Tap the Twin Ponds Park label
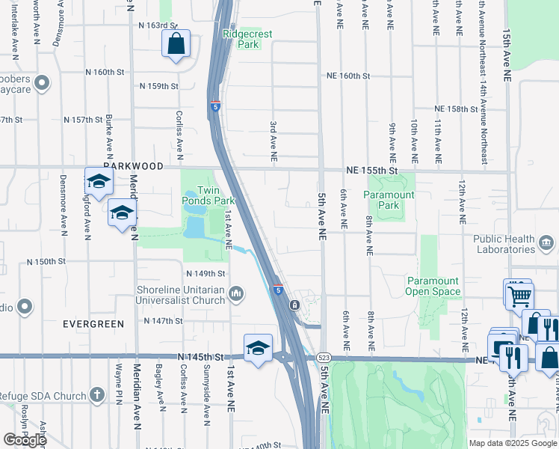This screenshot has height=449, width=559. (x=216, y=195)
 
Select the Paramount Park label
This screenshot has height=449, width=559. (x=389, y=200)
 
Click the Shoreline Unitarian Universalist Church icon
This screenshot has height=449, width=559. (x=237, y=293)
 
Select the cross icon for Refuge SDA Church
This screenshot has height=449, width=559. (x=96, y=394)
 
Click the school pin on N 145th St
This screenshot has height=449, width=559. (x=258, y=348)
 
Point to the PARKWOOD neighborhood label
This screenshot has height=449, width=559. (x=113, y=167)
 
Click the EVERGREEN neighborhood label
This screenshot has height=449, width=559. (x=93, y=323)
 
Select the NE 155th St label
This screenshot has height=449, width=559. (x=370, y=171)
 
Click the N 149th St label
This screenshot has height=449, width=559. (x=206, y=274)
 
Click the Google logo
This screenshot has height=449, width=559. (x=25, y=440)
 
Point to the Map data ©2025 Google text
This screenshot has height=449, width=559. (x=513, y=443)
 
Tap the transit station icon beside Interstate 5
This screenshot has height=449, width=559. (x=295, y=305)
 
